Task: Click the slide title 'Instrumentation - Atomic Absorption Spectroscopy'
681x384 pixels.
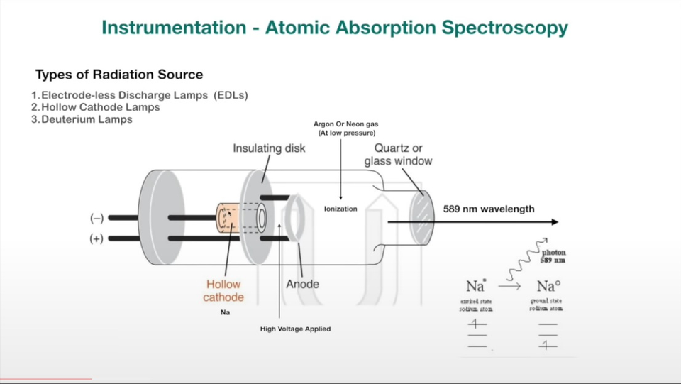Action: (334, 28)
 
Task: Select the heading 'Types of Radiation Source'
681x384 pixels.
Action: (119, 75)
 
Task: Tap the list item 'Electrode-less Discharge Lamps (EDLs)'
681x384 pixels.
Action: (144, 95)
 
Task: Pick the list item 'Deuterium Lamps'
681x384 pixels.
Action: (87, 119)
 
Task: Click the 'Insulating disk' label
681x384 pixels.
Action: (269, 148)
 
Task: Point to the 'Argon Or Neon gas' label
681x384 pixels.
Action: (346, 124)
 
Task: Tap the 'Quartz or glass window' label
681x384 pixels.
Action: (398, 154)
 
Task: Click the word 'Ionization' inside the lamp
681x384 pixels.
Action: (345, 209)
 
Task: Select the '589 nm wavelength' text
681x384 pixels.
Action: (489, 209)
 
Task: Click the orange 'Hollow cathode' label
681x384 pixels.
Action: (223, 290)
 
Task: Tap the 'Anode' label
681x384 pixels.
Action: (302, 284)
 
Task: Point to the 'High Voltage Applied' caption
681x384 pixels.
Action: (295, 329)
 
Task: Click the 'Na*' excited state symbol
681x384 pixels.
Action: (476, 287)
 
